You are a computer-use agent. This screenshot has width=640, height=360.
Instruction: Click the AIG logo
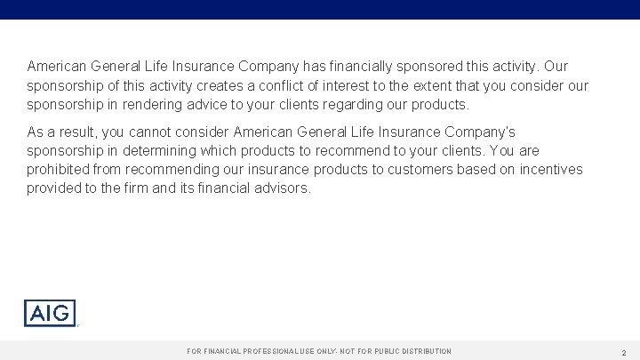click(50, 313)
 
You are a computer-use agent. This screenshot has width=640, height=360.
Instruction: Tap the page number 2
click(624, 352)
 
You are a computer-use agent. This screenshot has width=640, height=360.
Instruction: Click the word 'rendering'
click(143, 105)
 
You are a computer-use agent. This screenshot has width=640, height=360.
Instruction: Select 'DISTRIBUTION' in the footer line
click(420, 352)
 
